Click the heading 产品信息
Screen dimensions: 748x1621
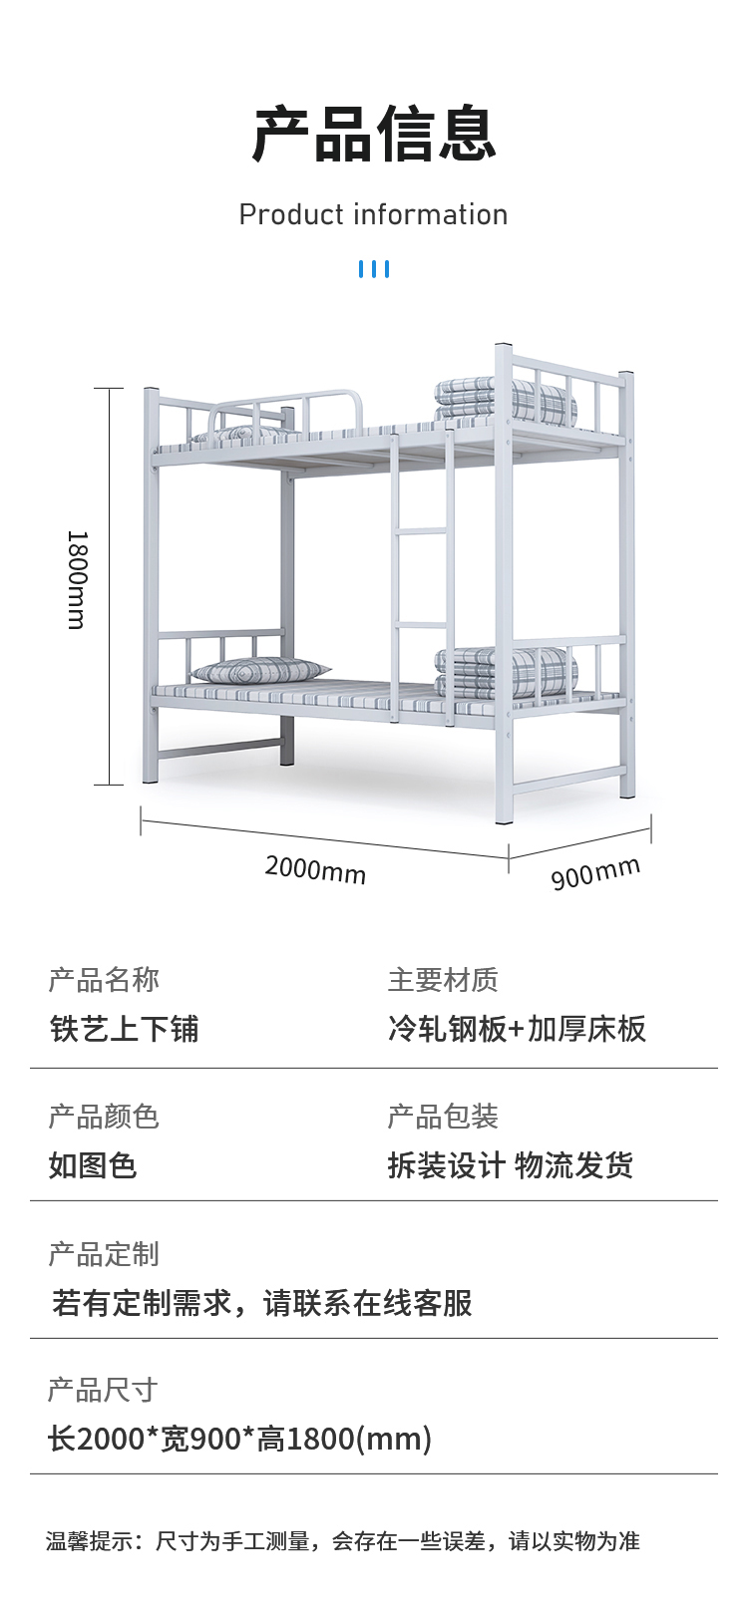click(374, 135)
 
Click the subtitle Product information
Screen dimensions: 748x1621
click(373, 214)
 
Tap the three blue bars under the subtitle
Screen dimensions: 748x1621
click(374, 269)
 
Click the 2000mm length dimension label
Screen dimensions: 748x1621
click(315, 869)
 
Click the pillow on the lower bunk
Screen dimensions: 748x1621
click(259, 671)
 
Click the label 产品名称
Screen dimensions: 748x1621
click(104, 980)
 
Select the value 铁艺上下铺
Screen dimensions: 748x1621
click(125, 1029)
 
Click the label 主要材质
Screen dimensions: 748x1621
click(443, 980)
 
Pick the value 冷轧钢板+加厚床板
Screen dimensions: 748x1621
click(517, 1029)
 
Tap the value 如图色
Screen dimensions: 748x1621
click(93, 1164)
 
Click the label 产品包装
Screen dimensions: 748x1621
click(443, 1117)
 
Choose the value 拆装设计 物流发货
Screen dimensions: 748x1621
click(511, 1164)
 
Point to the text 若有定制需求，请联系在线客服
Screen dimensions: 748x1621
click(262, 1302)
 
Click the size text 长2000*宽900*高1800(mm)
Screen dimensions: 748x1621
click(240, 1439)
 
